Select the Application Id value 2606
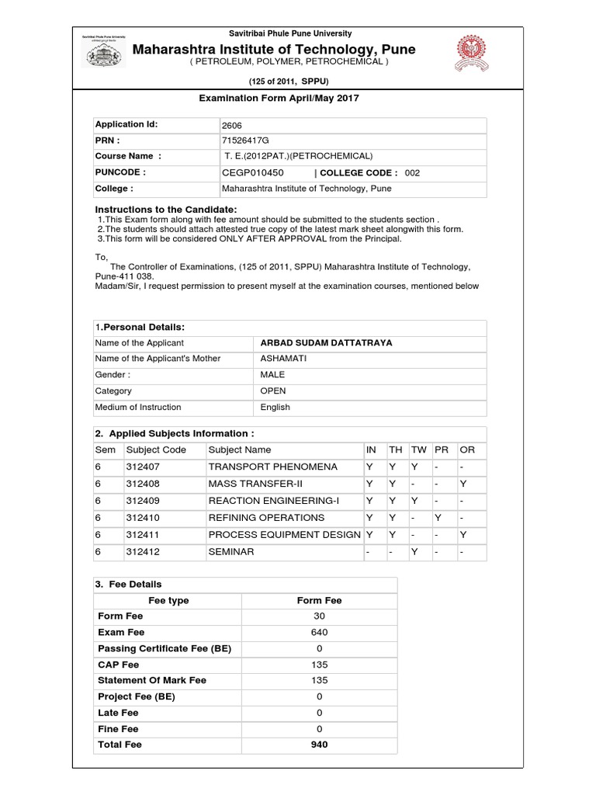click(x=232, y=125)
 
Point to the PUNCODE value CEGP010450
click(x=253, y=172)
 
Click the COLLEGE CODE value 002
click(x=412, y=172)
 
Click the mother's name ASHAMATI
click(x=283, y=359)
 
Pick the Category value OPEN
click(x=273, y=391)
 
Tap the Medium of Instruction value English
click(x=275, y=407)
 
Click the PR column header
click(x=441, y=450)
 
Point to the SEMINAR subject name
click(x=231, y=551)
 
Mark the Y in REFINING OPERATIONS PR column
click(x=438, y=517)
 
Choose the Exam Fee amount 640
click(x=319, y=632)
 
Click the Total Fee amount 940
click(x=319, y=745)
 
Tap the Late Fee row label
click(x=118, y=713)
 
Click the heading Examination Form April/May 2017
click(x=280, y=98)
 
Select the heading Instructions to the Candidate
click(x=166, y=210)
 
